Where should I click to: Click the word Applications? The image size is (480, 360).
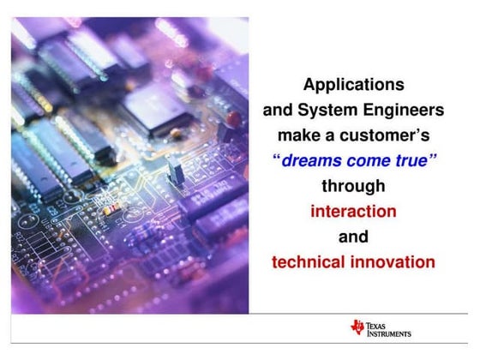(x=353, y=86)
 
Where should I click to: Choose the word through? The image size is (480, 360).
(x=353, y=186)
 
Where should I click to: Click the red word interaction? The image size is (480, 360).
(x=353, y=211)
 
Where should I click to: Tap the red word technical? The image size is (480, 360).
(x=309, y=261)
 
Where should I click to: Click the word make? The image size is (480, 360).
(x=297, y=135)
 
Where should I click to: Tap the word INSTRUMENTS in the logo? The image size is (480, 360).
(x=387, y=333)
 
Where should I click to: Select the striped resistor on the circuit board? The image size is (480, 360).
(x=109, y=208)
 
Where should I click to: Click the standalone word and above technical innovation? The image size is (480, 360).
(x=353, y=237)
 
